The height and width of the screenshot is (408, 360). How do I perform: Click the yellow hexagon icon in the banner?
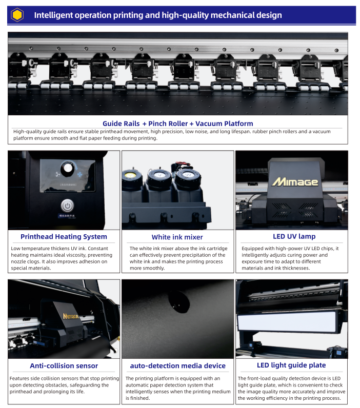(17, 15)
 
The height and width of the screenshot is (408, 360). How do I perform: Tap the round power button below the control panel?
(67, 206)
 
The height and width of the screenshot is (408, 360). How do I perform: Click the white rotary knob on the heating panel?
(68, 168)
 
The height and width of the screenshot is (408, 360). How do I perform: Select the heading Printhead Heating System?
(64, 236)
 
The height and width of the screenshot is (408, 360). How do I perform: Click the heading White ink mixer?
(177, 237)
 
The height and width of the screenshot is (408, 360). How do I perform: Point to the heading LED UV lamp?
(294, 236)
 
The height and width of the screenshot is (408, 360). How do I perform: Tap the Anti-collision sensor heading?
(64, 365)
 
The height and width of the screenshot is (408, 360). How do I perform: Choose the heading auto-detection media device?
(178, 365)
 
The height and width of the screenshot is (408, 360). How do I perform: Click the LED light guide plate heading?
(291, 365)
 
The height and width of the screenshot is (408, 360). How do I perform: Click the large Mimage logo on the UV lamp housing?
(295, 182)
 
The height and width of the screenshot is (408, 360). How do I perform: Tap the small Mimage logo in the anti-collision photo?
(71, 316)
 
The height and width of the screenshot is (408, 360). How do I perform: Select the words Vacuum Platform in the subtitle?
(224, 124)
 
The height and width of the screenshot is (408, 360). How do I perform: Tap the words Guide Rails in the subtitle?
(121, 124)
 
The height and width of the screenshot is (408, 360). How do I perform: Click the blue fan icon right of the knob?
(79, 174)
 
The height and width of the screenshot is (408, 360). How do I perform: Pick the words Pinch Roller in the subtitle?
(168, 124)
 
